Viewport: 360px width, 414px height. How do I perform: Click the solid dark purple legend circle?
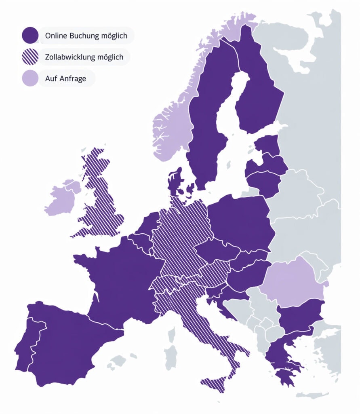click(30, 36)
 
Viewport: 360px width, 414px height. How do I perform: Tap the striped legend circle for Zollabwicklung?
click(30, 57)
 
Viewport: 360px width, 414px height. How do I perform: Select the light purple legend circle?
click(30, 78)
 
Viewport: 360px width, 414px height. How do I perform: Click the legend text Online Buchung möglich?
click(86, 36)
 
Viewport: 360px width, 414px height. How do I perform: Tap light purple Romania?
click(293, 281)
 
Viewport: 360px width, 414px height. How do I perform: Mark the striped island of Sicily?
click(214, 384)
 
